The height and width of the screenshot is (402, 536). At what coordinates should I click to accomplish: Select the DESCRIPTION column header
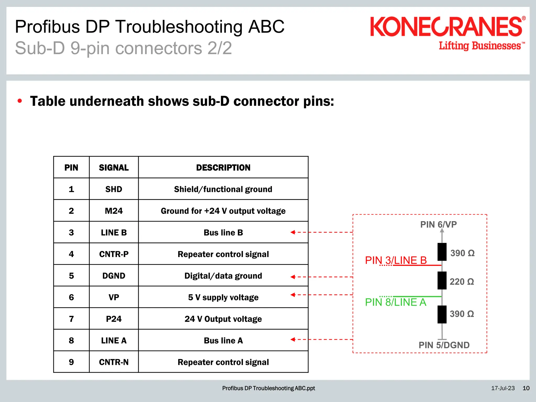pyautogui.click(x=223, y=167)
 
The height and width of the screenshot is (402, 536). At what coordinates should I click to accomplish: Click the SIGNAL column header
pyautogui.click(x=114, y=167)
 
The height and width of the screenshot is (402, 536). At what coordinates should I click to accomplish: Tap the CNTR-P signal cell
pyautogui.click(x=114, y=254)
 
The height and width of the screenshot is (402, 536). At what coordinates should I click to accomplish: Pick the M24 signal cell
pyautogui.click(x=114, y=211)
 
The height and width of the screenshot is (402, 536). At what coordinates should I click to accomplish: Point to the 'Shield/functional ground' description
pyautogui.click(x=223, y=189)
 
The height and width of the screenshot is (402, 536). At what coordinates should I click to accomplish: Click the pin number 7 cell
pyautogui.click(x=71, y=319)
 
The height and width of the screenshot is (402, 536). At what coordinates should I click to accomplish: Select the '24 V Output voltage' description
pyautogui.click(x=223, y=319)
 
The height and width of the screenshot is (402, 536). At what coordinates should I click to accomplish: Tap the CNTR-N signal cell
pyautogui.click(x=114, y=362)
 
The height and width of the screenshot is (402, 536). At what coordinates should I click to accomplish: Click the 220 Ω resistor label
pyautogui.click(x=462, y=282)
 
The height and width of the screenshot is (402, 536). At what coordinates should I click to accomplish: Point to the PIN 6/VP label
pyautogui.click(x=438, y=225)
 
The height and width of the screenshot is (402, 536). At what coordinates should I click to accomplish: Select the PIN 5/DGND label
pyautogui.click(x=444, y=345)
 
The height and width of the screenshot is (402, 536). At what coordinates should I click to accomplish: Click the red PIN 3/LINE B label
pyautogui.click(x=396, y=260)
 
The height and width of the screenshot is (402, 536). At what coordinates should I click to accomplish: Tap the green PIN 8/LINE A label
pyautogui.click(x=395, y=302)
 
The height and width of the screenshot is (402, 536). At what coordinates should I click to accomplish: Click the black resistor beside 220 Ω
pyautogui.click(x=442, y=281)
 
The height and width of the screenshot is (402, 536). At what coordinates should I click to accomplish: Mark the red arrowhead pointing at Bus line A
pyautogui.click(x=293, y=339)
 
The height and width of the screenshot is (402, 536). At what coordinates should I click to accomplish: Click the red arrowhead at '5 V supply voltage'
pyautogui.click(x=293, y=295)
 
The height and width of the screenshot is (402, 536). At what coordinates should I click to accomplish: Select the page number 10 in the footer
pyautogui.click(x=526, y=388)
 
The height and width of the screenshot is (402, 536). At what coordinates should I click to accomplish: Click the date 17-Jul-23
pyautogui.click(x=503, y=388)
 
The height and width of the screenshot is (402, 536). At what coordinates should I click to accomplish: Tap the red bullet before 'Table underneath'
pyautogui.click(x=20, y=101)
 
